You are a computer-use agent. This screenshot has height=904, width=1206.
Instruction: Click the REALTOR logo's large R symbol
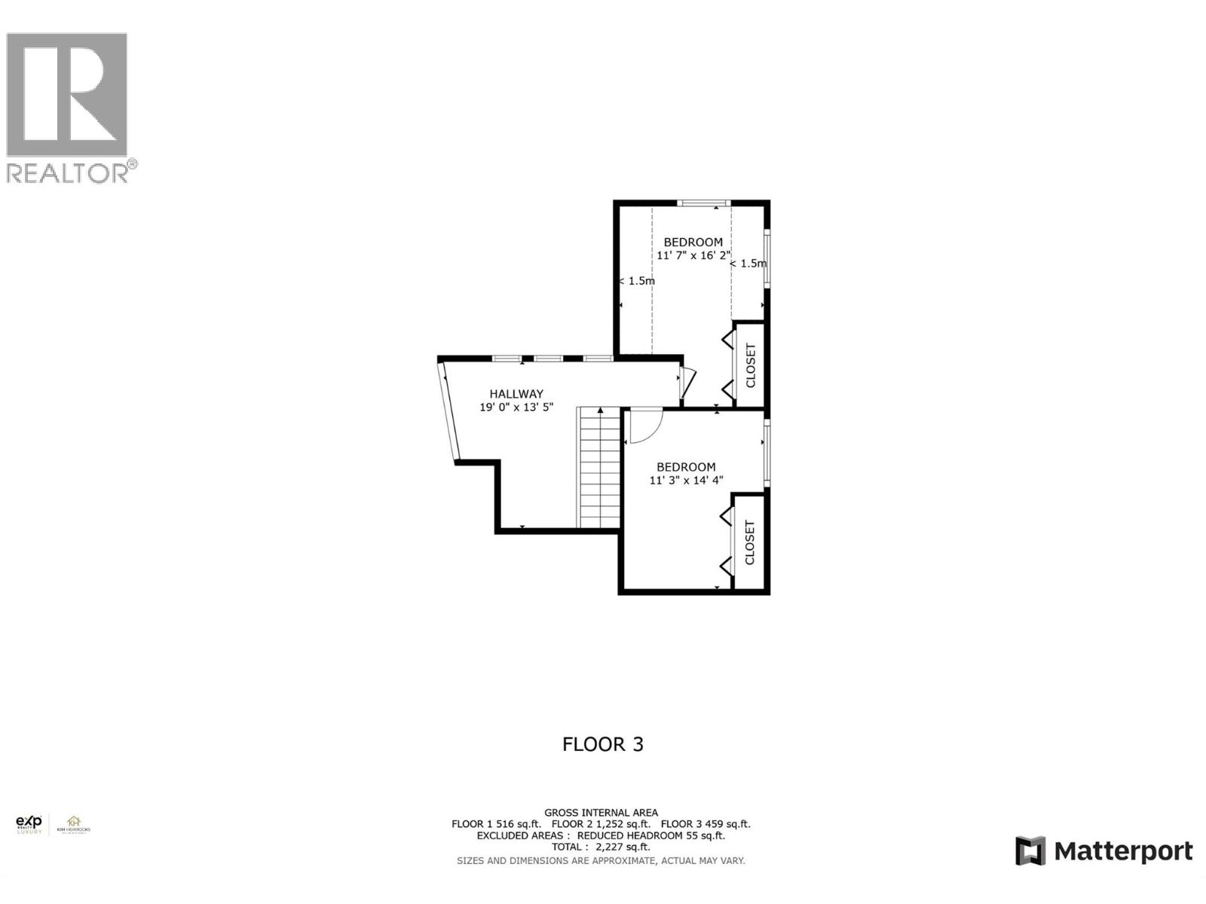tap(66, 95)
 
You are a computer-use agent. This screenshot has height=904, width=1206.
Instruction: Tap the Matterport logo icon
tap(1030, 851)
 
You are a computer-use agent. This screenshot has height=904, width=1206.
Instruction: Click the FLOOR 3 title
tap(603, 744)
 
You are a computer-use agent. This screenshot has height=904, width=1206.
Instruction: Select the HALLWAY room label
tap(516, 394)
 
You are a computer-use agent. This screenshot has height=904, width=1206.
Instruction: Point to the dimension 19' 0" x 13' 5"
tap(516, 408)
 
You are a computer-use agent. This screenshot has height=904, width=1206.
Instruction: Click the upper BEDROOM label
tap(693, 243)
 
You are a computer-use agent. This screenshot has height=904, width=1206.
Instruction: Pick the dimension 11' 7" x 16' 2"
tap(693, 256)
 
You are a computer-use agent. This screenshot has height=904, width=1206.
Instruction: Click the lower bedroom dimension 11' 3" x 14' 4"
tap(686, 481)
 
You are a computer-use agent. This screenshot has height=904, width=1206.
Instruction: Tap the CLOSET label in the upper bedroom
tap(751, 365)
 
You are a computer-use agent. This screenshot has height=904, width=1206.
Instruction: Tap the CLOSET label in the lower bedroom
tap(750, 542)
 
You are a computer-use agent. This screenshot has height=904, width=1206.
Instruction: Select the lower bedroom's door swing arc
tap(647, 427)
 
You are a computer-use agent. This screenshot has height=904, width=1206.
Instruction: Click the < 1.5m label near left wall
tap(637, 281)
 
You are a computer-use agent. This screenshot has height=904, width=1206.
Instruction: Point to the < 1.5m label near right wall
tap(748, 264)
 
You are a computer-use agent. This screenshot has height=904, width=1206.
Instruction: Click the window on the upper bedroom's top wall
tap(703, 203)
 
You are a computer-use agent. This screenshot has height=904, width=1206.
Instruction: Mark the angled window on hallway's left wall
tap(448, 411)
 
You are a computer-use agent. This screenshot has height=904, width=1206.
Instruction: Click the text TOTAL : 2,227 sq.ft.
tap(601, 847)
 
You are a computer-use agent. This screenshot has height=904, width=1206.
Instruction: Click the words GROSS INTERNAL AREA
tap(601, 813)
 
